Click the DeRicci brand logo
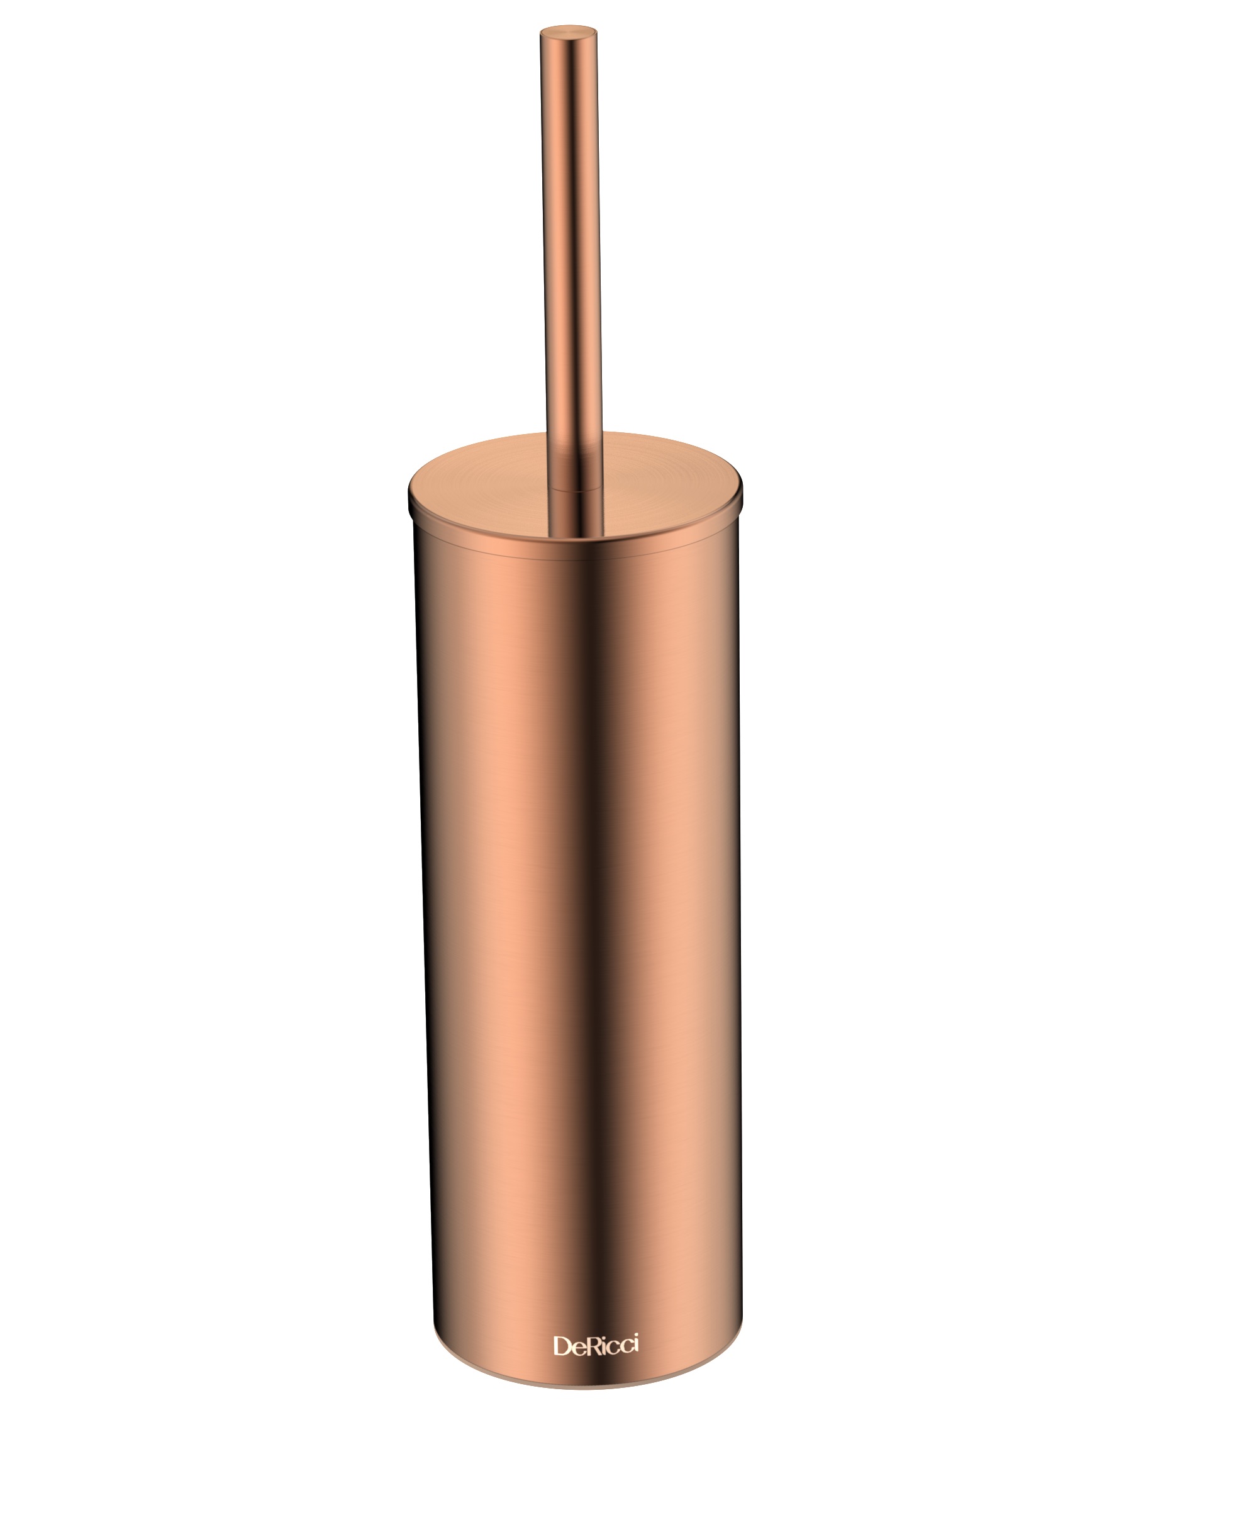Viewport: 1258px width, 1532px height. coord(596,1345)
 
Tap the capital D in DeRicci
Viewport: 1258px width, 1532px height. coord(562,1346)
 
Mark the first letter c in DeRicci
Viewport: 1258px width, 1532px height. coord(613,1348)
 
